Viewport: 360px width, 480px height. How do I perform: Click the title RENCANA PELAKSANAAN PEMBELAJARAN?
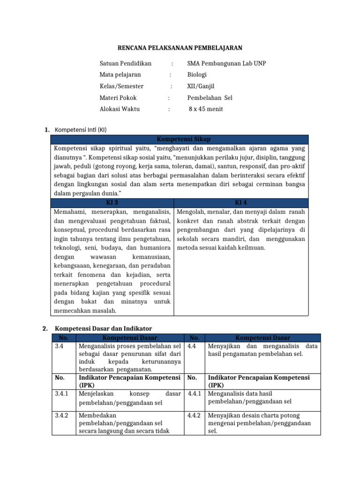tap(180, 48)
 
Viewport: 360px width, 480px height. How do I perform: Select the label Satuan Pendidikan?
tap(125, 63)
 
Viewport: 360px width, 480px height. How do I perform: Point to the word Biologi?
tap(197, 75)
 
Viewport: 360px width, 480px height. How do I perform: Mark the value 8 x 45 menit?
tap(206, 109)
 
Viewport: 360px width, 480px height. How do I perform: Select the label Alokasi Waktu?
tap(120, 109)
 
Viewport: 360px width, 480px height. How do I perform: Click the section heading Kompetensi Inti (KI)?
tap(81, 129)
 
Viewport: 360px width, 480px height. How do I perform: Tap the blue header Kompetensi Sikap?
tap(180, 139)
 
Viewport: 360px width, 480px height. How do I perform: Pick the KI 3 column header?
tap(112, 202)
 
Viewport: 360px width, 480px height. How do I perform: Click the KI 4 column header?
tap(241, 202)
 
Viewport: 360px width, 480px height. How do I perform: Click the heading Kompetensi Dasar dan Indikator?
tap(104, 329)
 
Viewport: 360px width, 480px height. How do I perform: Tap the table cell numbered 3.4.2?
tap(62, 415)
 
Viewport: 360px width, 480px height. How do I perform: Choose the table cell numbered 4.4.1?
tap(194, 394)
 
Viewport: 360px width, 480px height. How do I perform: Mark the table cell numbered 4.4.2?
tap(194, 415)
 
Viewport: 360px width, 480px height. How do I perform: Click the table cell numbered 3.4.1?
tap(62, 394)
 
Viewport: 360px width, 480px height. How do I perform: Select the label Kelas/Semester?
tap(121, 86)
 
